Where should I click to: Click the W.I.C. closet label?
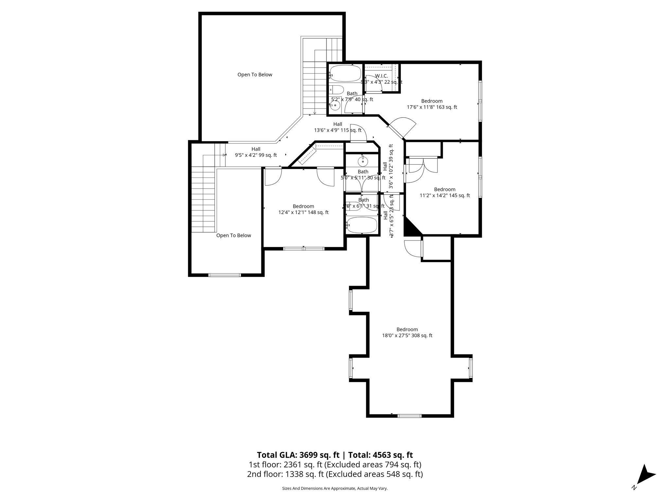coord(381,76)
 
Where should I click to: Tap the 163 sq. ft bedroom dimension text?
coord(432,107)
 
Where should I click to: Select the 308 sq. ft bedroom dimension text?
coord(407,335)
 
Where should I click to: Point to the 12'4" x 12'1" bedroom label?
coord(303,209)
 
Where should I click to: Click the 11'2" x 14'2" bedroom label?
coord(445,192)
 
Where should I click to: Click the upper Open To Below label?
coord(255,75)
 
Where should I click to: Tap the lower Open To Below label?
coord(234,235)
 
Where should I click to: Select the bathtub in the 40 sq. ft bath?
coord(345,74)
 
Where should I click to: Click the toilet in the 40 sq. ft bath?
coord(336,89)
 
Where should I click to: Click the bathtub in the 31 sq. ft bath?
coord(362,226)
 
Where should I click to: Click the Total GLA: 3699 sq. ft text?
coord(298,455)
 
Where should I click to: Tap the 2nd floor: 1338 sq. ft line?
coord(335,474)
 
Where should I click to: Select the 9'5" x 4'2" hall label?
coord(256,152)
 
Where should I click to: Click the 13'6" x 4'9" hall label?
coord(338,127)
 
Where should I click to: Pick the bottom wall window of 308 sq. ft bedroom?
coord(409,416)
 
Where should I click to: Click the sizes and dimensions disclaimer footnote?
coord(335,488)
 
